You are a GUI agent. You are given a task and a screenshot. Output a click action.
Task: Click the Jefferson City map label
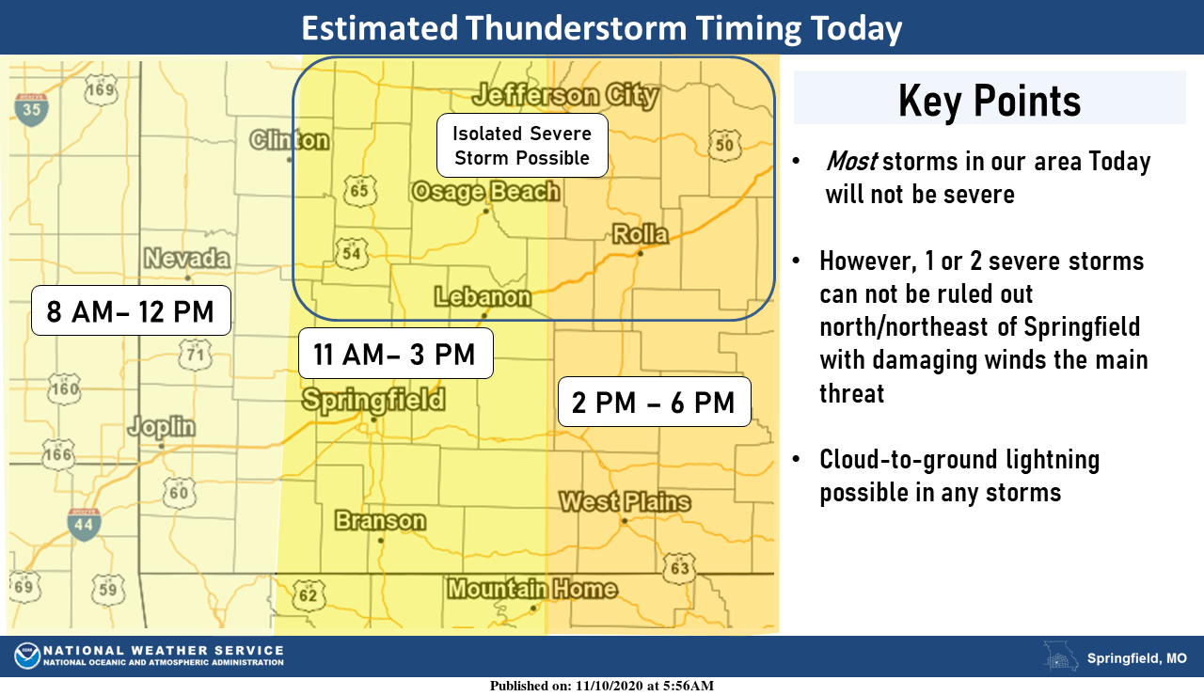coord(565,95)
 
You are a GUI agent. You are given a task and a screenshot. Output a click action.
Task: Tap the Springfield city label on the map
coord(373,401)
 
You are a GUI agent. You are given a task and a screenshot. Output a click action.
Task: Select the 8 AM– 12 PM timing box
coord(131,310)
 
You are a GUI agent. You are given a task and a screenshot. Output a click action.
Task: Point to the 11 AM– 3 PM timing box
coord(396,354)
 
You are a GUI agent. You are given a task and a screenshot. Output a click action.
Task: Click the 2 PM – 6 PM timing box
coord(654,403)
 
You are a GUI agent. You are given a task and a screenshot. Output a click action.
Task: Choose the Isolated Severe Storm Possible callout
coord(521,146)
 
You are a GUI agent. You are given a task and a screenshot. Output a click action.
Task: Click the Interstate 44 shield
coord(84,523)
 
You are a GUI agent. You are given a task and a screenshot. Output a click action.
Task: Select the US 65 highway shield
coord(361,191)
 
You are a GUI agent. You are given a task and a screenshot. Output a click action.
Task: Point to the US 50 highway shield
coord(725,144)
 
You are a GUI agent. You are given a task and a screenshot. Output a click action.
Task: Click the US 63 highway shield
coord(679,568)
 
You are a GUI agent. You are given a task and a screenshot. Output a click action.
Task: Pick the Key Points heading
coord(990,100)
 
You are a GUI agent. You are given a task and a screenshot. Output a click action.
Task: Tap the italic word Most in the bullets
coord(851,162)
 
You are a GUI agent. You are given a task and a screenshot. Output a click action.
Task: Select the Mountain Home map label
coord(531,590)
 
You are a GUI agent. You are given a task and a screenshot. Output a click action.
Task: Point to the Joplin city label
coord(162,427)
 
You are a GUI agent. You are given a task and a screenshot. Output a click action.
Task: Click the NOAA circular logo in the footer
coord(27,656)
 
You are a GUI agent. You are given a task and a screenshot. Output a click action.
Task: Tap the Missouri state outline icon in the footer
coord(1061,656)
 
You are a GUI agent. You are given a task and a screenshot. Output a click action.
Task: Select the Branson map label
coord(380,521)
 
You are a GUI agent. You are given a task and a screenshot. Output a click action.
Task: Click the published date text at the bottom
coord(601,686)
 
